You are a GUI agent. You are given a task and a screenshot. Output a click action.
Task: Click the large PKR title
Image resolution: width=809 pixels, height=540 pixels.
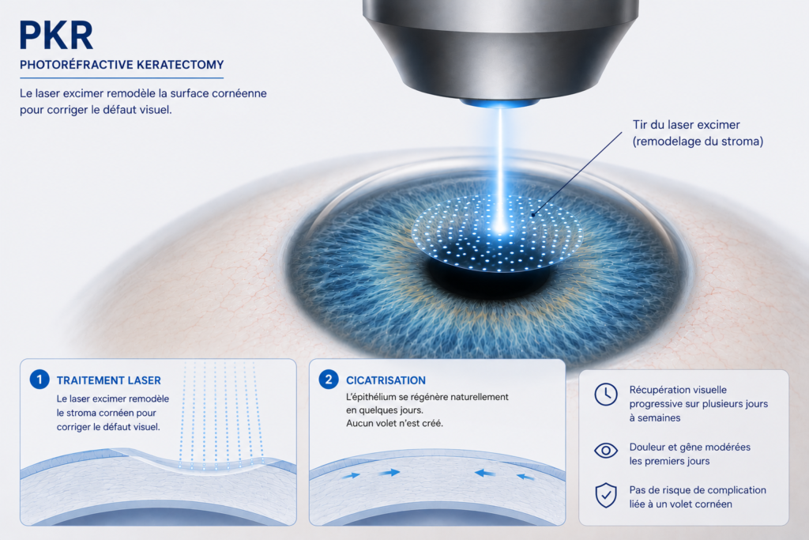tap(56, 35)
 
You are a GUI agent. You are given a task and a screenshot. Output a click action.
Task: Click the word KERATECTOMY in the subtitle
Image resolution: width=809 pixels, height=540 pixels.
tap(180, 65)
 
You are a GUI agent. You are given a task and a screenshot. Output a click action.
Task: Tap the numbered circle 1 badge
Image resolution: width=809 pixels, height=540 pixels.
tap(40, 380)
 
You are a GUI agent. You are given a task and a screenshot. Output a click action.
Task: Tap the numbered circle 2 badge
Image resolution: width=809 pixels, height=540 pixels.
tap(329, 380)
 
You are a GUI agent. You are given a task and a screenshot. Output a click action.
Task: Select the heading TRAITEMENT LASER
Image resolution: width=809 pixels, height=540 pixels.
tap(109, 380)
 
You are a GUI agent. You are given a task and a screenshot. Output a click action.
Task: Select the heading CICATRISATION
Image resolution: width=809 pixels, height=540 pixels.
tap(386, 380)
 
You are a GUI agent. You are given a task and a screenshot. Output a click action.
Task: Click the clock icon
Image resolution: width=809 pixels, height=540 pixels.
tap(606, 395)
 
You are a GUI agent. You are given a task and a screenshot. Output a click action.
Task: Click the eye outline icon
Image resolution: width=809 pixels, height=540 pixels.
tap(606, 451)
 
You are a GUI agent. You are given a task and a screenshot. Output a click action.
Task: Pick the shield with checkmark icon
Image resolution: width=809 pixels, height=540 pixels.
tap(606, 496)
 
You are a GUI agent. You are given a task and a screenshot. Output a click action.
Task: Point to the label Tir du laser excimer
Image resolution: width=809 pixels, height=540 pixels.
tap(687, 125)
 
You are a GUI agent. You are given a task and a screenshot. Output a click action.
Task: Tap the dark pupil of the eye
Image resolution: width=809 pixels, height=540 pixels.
tap(488, 278)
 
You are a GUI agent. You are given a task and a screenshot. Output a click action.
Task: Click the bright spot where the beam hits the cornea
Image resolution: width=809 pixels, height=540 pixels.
tap(499, 226)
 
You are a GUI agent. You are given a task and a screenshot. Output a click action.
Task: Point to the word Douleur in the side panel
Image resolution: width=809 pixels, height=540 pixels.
tap(648, 447)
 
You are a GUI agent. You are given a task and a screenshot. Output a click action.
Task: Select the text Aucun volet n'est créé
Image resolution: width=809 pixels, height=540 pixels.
tap(395, 423)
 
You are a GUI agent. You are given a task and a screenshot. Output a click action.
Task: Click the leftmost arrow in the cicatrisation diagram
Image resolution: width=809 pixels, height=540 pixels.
tap(351, 476)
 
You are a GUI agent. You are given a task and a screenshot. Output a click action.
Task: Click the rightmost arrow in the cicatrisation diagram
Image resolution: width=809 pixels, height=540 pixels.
tap(525, 477)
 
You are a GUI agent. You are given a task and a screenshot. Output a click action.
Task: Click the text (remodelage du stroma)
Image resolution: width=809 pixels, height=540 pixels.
tap(698, 142)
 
